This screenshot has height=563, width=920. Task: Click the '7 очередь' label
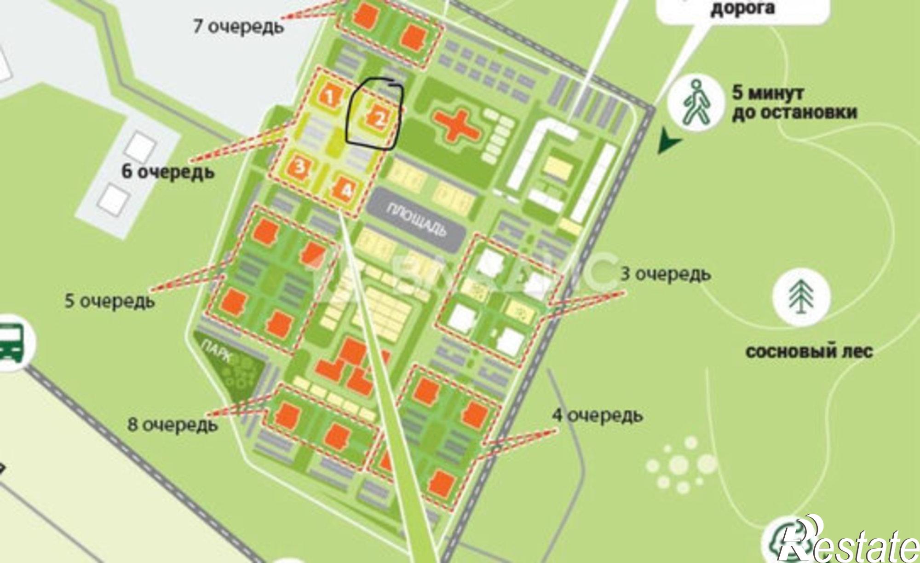pos(239,26)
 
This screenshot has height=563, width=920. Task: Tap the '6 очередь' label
pos(168,172)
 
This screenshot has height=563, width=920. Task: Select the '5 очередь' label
pos(110,302)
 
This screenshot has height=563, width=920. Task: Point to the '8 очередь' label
pos(172,424)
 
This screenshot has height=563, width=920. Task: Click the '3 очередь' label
pos(666,274)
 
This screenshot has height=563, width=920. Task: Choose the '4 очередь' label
pos(598,415)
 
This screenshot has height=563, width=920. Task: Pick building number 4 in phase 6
pos(346,190)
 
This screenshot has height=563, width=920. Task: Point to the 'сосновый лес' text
pos(809,352)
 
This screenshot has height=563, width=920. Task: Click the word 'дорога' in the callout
pos(742,8)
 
